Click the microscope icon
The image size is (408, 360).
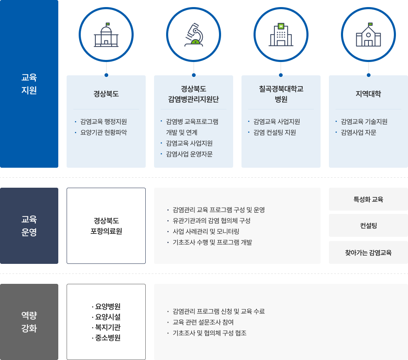194,35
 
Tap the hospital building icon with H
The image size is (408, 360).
281,35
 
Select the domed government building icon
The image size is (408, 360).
106,35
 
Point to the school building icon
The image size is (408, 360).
368,35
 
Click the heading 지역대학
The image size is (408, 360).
368,94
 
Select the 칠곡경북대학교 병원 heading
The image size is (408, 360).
281,94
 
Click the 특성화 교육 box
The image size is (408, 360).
368,199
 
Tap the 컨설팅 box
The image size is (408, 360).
368,226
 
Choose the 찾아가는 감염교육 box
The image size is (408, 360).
368,253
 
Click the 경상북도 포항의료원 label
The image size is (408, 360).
106,226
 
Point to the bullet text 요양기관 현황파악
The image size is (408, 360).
103,133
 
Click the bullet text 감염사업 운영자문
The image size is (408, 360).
189,154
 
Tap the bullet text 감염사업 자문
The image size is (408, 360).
358,133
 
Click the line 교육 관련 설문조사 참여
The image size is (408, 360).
203,322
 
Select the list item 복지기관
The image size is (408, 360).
106,327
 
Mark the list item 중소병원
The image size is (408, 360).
106,338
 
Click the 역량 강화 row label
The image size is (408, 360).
29,322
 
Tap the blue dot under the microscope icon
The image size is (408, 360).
194,75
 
